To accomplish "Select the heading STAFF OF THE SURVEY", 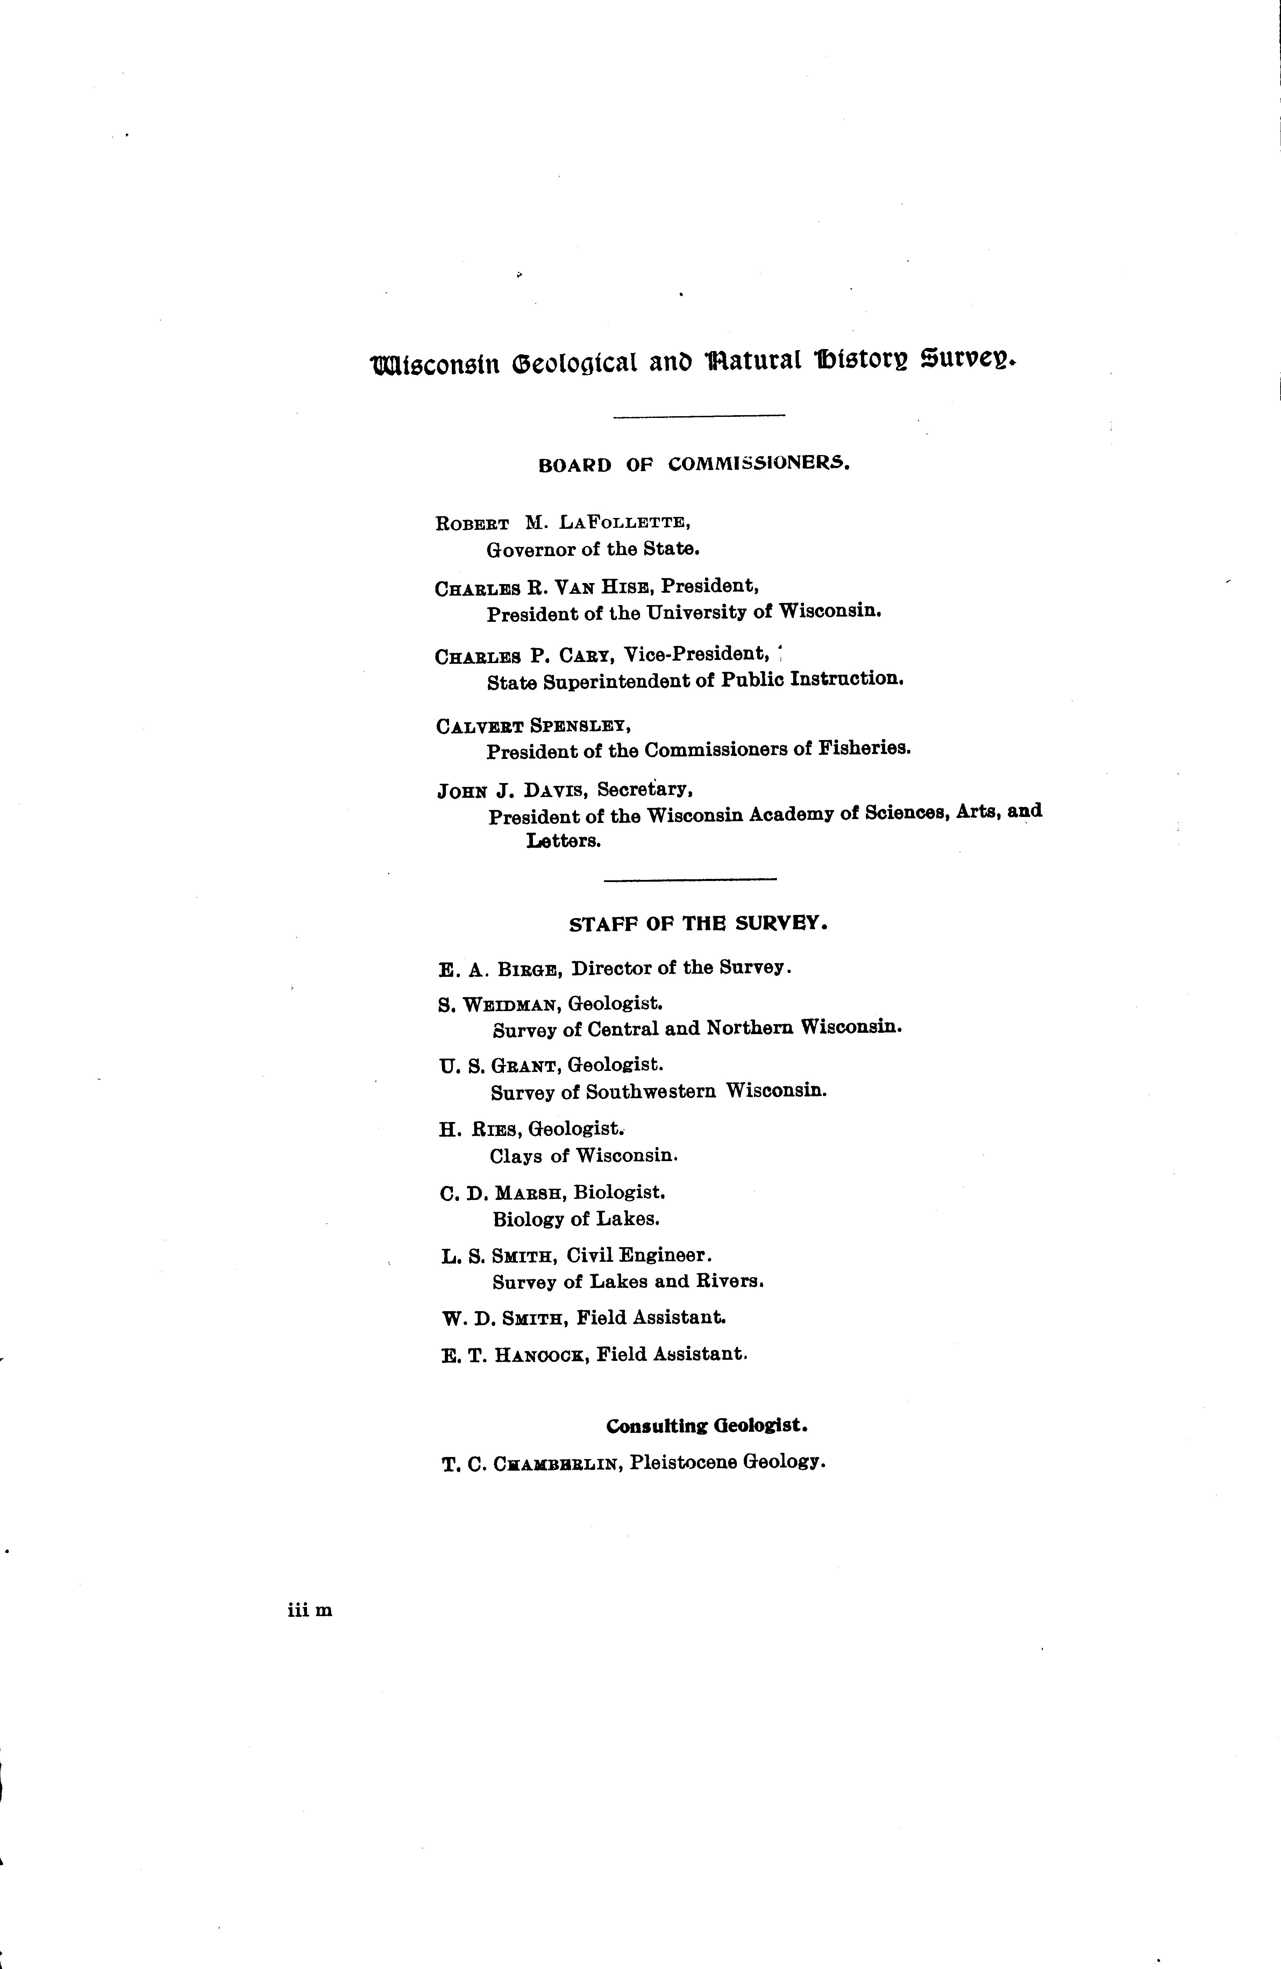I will point(698,924).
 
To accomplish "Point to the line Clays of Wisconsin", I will point(583,1156).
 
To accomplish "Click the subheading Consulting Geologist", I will point(707,1426).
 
